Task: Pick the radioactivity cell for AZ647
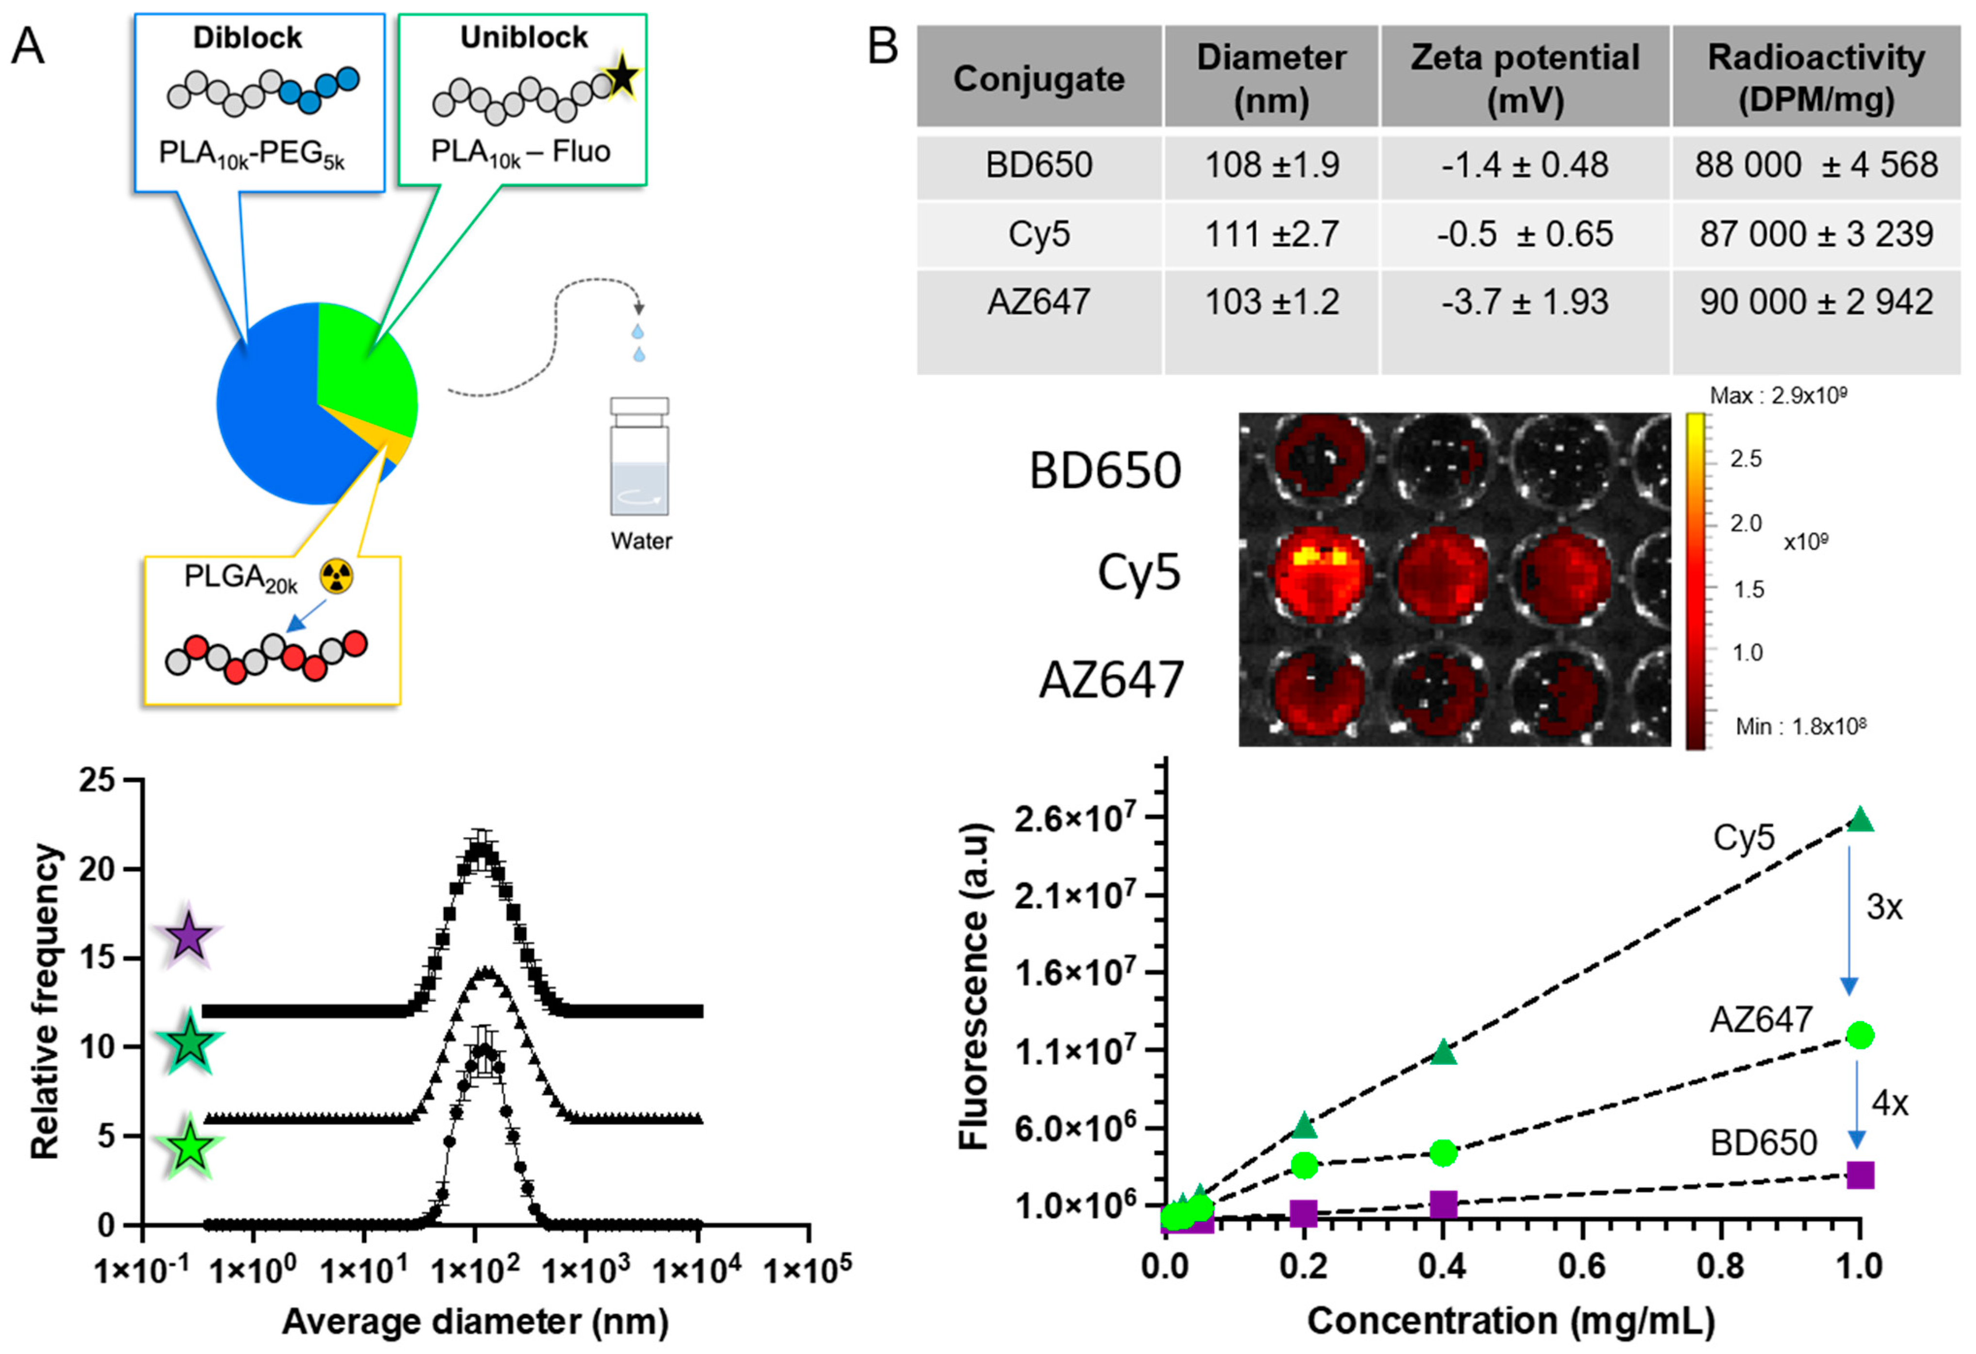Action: pyautogui.click(x=1816, y=302)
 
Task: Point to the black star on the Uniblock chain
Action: pyautogui.click(x=623, y=77)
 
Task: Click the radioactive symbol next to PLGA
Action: pyautogui.click(x=337, y=577)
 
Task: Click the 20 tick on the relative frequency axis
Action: pyautogui.click(x=96, y=869)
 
